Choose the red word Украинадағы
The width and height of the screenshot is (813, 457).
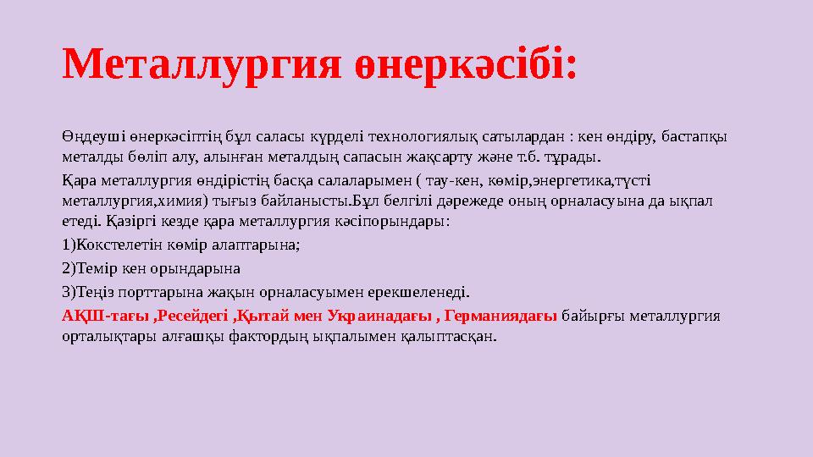(376, 315)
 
